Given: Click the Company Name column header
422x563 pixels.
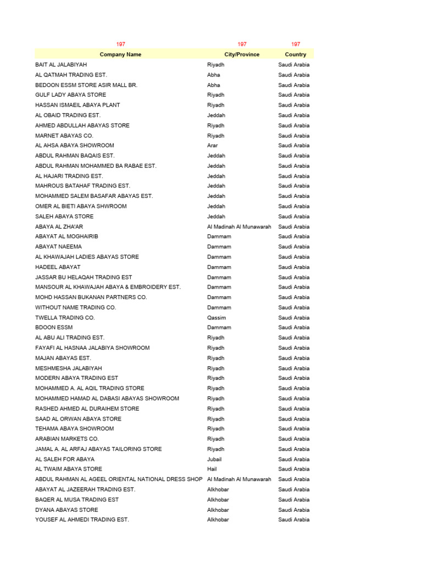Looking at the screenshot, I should [x=120, y=54].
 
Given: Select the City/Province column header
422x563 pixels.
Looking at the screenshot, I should [x=242, y=54].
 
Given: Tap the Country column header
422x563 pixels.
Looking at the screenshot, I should [x=296, y=54].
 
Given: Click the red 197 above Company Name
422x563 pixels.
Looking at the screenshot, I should [x=120, y=44].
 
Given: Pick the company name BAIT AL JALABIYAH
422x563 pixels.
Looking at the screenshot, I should [x=61, y=65].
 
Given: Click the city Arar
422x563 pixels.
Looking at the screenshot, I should [x=213, y=146].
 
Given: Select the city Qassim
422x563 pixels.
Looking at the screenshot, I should [x=216, y=318].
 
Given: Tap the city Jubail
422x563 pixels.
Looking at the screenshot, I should [x=214, y=459].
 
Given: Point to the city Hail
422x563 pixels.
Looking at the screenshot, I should [x=212, y=469].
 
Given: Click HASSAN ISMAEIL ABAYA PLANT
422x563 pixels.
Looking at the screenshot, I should [x=77, y=105].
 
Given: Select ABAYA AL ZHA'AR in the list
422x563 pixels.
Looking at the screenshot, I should [x=59, y=227].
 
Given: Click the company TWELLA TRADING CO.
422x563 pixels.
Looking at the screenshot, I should [x=65, y=318].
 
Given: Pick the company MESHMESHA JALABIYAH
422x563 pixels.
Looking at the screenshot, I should [x=69, y=368].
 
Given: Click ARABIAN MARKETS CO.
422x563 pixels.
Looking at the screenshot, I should [x=67, y=439].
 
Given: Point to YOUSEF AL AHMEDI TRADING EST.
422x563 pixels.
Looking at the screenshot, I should [x=82, y=520].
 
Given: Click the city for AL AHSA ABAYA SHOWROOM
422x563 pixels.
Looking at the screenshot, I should [x=213, y=146].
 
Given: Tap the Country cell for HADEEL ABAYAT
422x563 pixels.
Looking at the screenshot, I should [x=293, y=267].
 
